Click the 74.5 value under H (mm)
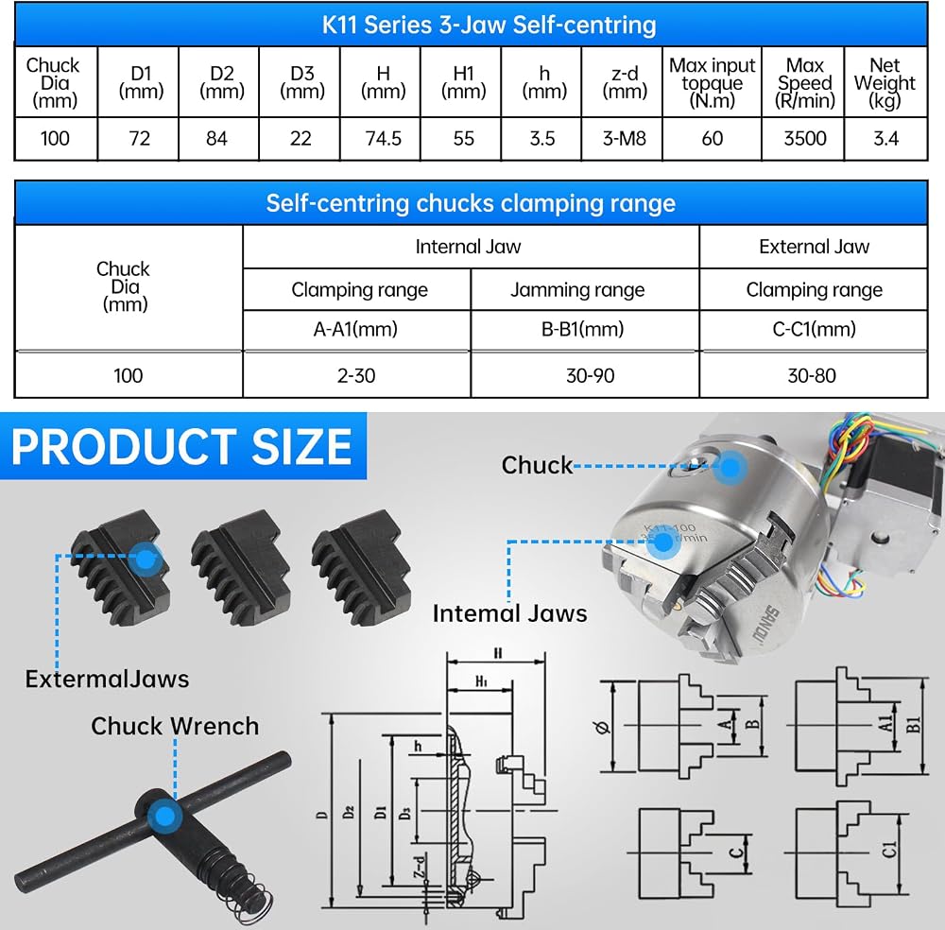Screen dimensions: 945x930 click(x=384, y=139)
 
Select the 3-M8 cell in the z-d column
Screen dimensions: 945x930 click(x=625, y=139)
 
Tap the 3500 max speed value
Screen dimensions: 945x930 click(x=804, y=139)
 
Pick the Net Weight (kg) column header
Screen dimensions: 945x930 click(x=885, y=82)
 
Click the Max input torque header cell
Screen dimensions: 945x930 click(x=712, y=82)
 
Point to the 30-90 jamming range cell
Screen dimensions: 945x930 click(x=590, y=375)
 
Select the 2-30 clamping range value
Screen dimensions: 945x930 click(x=356, y=375)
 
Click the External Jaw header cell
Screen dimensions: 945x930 click(x=814, y=247)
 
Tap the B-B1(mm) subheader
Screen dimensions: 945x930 click(x=582, y=329)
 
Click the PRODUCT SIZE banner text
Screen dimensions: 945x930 click(x=181, y=447)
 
